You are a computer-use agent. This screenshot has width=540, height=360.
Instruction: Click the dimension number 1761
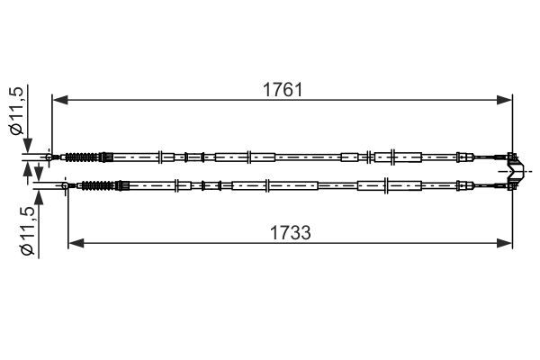[283, 90]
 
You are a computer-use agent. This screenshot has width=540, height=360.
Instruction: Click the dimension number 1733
[291, 232]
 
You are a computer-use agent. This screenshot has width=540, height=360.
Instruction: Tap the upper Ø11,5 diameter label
[17, 110]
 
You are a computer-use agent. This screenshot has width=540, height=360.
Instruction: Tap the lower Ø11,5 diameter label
[28, 231]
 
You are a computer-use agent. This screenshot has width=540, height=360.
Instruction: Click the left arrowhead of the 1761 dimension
[60, 100]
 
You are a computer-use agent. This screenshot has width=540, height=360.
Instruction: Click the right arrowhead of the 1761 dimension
[505, 100]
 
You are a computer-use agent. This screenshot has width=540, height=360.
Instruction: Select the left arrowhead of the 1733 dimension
[76, 243]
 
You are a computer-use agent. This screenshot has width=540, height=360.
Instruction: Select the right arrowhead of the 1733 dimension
[505, 243]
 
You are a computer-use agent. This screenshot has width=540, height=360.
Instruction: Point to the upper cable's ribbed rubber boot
[82, 157]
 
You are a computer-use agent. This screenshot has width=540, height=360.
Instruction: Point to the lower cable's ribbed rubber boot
[98, 185]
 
